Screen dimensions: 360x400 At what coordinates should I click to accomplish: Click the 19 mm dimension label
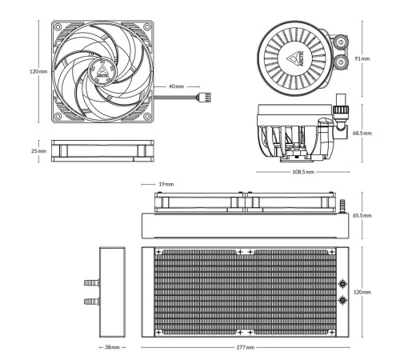(x=166, y=184)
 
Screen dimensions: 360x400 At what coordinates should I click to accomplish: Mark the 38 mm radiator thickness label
(x=114, y=348)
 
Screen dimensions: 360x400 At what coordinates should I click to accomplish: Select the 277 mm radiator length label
(x=246, y=348)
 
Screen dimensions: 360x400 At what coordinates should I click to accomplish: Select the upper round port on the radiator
(x=343, y=283)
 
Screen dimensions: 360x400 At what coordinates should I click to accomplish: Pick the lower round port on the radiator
(x=343, y=300)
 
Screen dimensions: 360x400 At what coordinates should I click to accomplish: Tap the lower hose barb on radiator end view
(x=89, y=302)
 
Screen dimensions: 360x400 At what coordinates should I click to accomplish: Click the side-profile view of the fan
(x=101, y=150)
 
